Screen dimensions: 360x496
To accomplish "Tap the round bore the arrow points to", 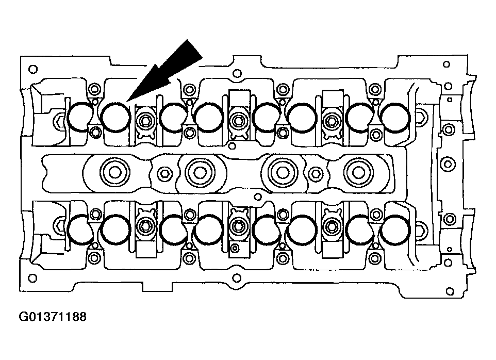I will tap(115, 118).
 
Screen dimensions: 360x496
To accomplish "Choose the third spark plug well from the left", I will tap(282, 171).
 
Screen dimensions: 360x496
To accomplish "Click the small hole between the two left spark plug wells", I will tap(165, 173).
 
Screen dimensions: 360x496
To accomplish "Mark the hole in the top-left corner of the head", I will tap(32, 69).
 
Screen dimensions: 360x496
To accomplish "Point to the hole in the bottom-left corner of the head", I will tap(33, 279).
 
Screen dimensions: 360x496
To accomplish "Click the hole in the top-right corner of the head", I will tap(447, 64).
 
